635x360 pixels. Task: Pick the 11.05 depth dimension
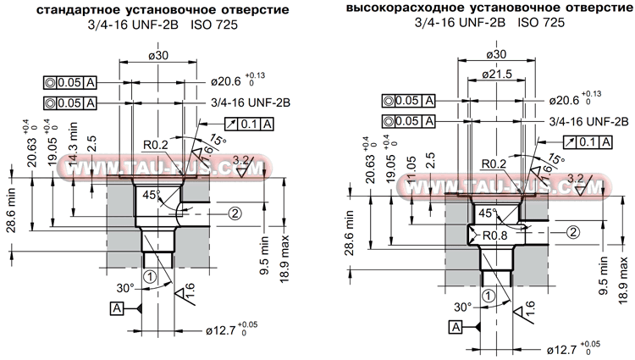click(x=412, y=169)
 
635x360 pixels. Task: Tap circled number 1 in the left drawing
click(x=150, y=276)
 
